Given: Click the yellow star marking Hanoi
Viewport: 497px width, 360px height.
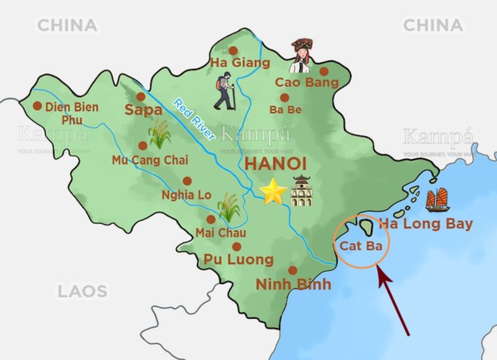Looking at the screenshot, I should coord(273,192).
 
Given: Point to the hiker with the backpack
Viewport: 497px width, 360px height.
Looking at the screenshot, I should coord(225,91).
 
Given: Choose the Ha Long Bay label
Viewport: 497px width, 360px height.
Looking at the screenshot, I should coord(425,224).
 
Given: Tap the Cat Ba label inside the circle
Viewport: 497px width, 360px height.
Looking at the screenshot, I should coord(361,246).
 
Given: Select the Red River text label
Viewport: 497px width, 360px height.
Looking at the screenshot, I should coord(194,118).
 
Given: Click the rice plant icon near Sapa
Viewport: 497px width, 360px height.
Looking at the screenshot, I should coord(160,133).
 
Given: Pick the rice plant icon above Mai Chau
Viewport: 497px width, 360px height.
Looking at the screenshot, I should coord(229,207).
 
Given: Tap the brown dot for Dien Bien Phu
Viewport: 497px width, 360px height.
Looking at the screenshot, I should coord(37,106).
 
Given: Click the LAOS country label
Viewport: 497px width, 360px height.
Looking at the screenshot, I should coord(81,291).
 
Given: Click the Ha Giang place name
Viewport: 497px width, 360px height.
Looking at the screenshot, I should coord(240,62).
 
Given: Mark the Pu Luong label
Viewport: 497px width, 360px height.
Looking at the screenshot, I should coord(238,259).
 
